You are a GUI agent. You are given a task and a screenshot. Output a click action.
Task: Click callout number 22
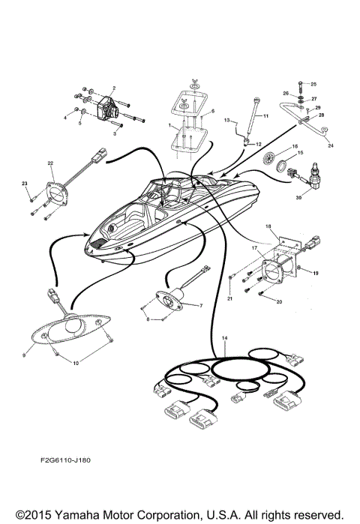[x=50, y=163]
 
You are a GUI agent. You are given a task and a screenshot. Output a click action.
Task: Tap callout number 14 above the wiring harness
[x=223, y=339]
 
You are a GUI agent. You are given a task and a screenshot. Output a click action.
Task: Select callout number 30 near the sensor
[x=299, y=197]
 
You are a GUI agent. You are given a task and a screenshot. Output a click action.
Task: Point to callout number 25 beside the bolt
[x=313, y=84]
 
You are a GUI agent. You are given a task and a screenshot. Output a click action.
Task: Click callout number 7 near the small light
[x=199, y=306]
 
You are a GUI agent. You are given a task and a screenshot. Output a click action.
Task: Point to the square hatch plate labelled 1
[x=186, y=139]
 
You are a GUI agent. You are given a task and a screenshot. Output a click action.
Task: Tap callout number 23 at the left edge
[x=24, y=184]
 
